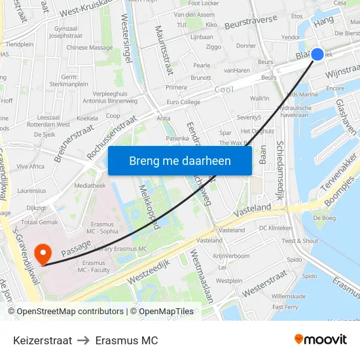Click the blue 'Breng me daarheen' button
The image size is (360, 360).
(x=179, y=160)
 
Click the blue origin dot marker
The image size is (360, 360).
(x=317, y=54)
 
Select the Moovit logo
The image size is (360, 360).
(x=321, y=340)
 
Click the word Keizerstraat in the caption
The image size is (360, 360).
(x=43, y=340)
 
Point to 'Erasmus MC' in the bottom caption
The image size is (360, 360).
(x=126, y=340)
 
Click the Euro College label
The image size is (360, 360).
(x=183, y=103)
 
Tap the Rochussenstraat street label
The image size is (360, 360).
(x=112, y=137)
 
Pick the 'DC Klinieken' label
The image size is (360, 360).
(x=276, y=228)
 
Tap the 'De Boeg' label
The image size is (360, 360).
(x=324, y=217)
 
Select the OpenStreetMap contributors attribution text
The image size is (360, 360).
(x=70, y=312)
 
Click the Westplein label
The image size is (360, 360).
(x=229, y=281)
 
